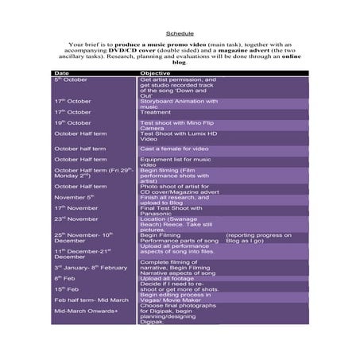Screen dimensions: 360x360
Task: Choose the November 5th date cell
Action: pyautogui.click(x=74, y=196)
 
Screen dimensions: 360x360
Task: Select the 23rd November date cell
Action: pyautogui.click(x=75, y=219)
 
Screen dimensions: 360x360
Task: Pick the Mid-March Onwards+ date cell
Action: pyautogui.click(x=85, y=311)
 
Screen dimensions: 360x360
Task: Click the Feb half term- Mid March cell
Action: pyautogui.click(x=91, y=300)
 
